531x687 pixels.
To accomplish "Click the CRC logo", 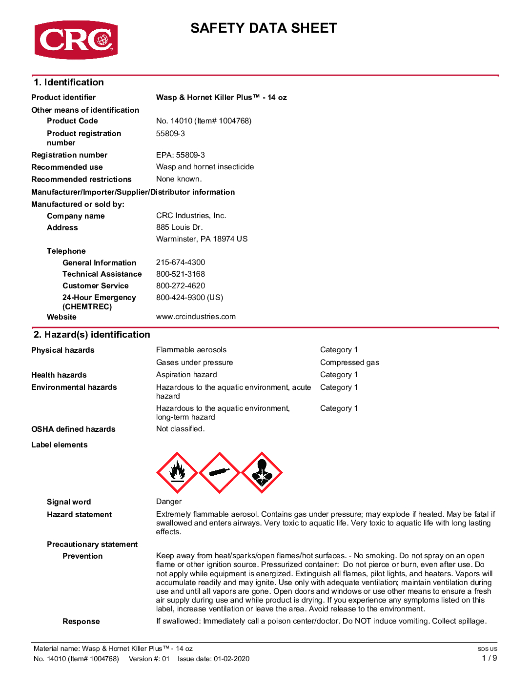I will (x=76, y=40).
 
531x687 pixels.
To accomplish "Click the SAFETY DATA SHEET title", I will (x=264, y=28).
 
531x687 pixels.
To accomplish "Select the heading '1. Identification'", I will (x=69, y=82).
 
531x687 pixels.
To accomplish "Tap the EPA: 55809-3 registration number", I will (x=181, y=155).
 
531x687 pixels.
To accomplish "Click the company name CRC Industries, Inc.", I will (x=191, y=216).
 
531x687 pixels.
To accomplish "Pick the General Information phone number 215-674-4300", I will (x=181, y=263).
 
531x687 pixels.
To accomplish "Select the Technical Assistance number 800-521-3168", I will (x=181, y=274).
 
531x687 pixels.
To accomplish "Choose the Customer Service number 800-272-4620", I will (x=181, y=286).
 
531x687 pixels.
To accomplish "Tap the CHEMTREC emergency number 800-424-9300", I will (x=189, y=298).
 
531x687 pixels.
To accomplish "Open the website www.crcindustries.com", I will (x=196, y=317).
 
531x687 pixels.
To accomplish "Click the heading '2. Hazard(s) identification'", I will (x=92, y=335).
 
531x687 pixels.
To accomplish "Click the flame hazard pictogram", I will (x=177, y=472).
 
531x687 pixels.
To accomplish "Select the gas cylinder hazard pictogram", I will (x=220, y=472).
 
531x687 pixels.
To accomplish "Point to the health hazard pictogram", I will (x=262, y=472).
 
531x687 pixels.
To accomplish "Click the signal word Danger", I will (x=169, y=502).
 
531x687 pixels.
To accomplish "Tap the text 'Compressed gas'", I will (x=349, y=363).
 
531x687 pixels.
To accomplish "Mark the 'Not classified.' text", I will (x=181, y=429).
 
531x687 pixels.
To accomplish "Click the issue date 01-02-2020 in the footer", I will (x=231, y=659).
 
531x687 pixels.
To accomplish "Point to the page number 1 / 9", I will (x=490, y=658).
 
